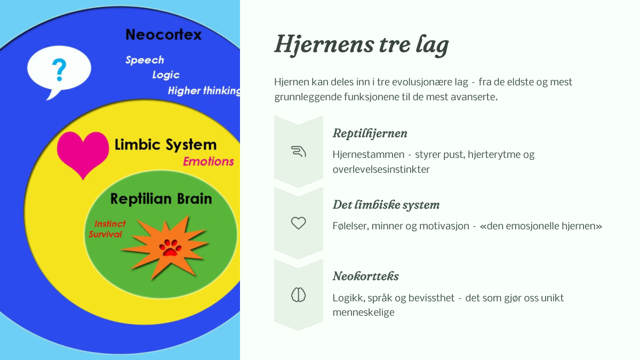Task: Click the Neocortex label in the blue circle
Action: pos(163,35)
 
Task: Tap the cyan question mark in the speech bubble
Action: pos(59,70)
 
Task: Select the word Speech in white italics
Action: pos(145,60)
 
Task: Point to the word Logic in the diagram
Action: pos(166,75)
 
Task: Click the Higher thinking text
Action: pos(204,91)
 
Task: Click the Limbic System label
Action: pos(165,145)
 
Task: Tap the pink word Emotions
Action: pos(209,162)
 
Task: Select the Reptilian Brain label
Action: pos(161,198)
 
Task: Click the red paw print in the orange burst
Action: pos(170,247)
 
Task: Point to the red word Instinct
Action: pos(110,223)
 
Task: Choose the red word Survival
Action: pos(105,234)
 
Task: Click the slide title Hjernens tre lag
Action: pos(362,45)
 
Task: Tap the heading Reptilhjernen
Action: pos(370,133)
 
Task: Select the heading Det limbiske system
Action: pos(386,205)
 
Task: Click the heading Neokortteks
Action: pos(366,276)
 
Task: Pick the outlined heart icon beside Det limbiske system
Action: pos(298,223)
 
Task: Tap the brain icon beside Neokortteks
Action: pos(298,295)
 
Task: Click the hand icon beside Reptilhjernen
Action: pos(298,151)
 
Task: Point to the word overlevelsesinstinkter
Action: pos(381,170)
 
